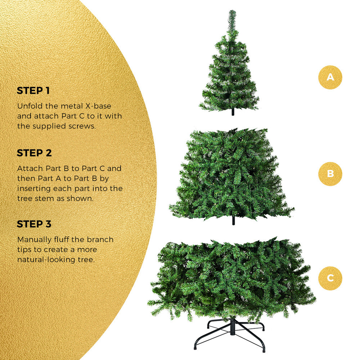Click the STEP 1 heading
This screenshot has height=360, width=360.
click(x=33, y=91)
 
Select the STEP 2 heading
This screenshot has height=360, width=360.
click(x=34, y=153)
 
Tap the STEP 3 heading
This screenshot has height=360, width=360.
click(x=34, y=224)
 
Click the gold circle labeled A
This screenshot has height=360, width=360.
click(x=330, y=77)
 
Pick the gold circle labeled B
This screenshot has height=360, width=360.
click(x=330, y=174)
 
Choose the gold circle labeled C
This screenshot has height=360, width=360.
click(x=330, y=278)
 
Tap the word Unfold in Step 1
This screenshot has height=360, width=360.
click(x=28, y=107)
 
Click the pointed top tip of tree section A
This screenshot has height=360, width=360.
click(x=232, y=13)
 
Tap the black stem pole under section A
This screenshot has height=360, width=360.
click(x=233, y=112)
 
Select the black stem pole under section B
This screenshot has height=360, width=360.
click(x=233, y=221)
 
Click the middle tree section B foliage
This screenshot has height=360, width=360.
click(x=230, y=173)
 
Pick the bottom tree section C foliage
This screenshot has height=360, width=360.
click(x=230, y=277)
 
